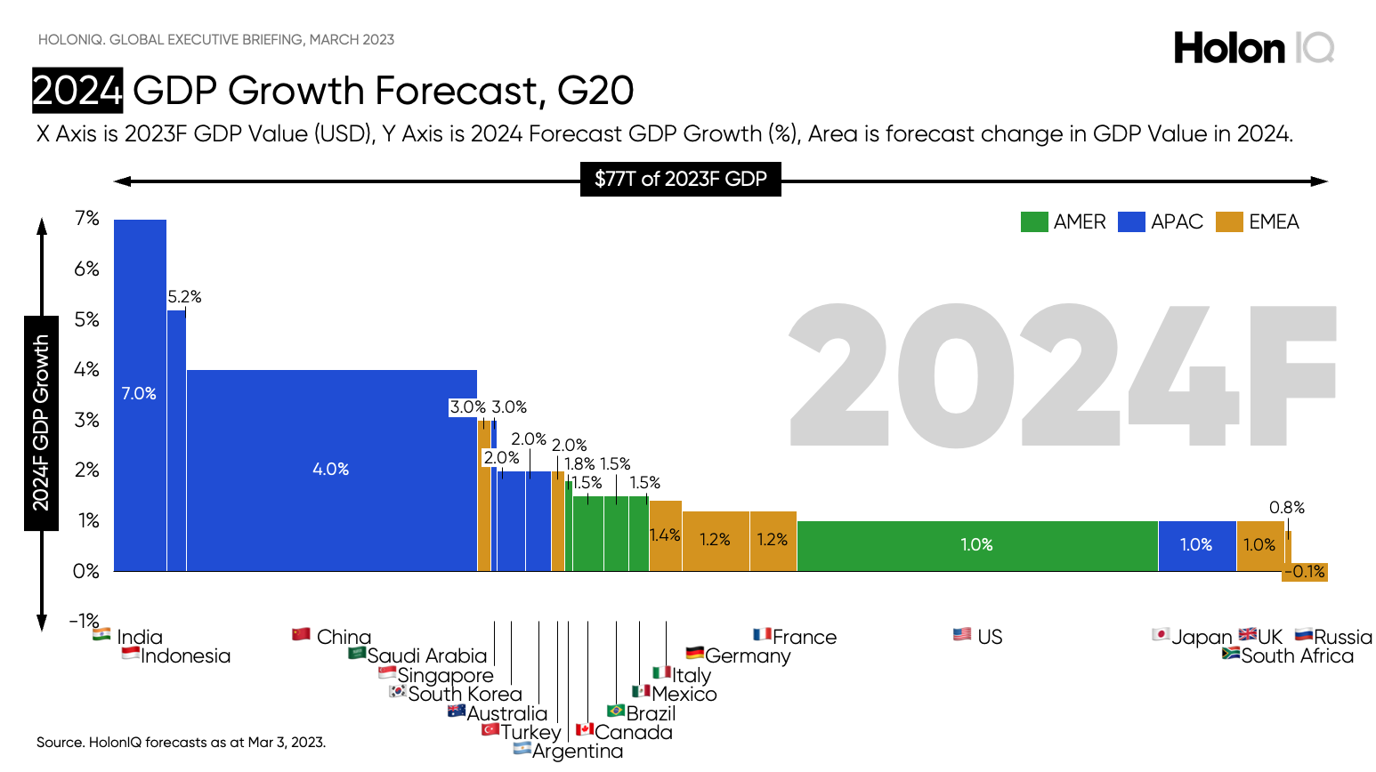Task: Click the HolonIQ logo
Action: click(x=1253, y=48)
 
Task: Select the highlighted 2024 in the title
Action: click(x=77, y=91)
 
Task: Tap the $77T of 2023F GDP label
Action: click(x=680, y=179)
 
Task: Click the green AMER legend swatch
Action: click(x=1033, y=221)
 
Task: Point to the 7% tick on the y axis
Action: click(x=87, y=219)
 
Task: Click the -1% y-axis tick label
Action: click(x=85, y=620)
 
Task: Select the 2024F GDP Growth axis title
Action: click(x=41, y=422)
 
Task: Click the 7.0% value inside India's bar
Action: click(x=139, y=393)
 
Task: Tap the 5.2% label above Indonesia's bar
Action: click(x=184, y=297)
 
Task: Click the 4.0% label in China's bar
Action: click(x=330, y=469)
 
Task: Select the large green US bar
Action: click(x=976, y=545)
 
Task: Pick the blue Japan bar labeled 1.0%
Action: click(x=1196, y=545)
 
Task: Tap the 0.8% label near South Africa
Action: click(x=1286, y=508)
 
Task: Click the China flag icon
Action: click(x=302, y=634)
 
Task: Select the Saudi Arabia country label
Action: click(x=427, y=656)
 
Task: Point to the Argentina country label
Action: click(x=577, y=752)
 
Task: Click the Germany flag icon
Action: click(x=695, y=654)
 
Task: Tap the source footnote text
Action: click(x=181, y=742)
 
